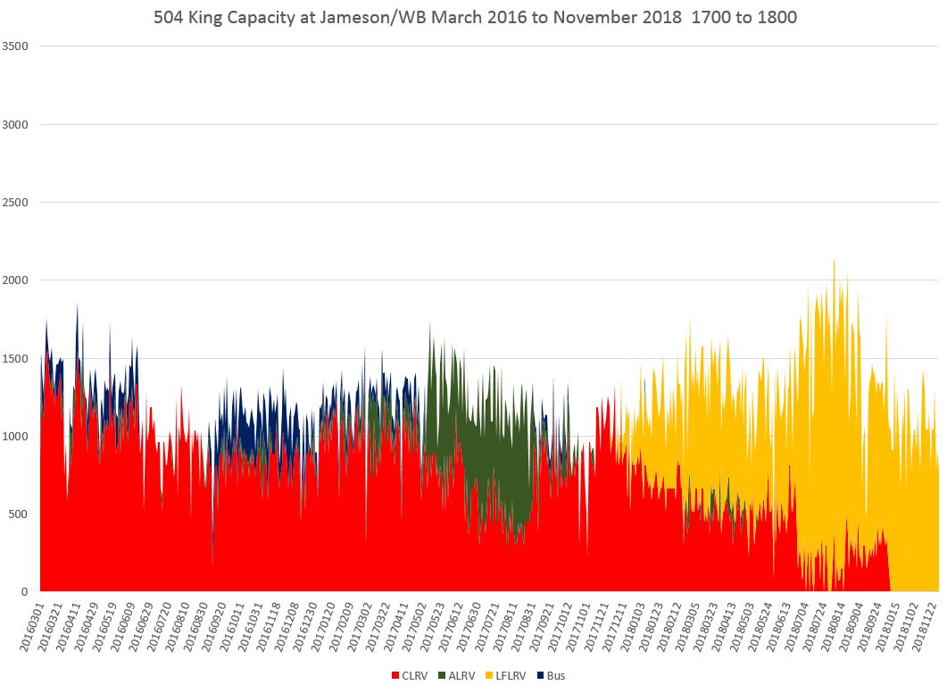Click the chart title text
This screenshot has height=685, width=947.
[472, 17]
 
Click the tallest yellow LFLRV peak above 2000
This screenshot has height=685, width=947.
[834, 262]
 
